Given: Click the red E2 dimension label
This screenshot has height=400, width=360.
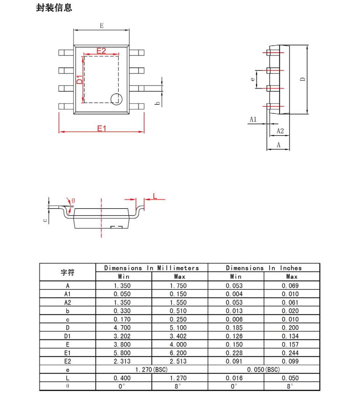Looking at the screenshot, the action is point(101,51).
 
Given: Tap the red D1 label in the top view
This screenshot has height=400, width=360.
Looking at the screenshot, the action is point(80,80).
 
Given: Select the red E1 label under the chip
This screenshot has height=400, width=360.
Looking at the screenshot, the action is point(102,128).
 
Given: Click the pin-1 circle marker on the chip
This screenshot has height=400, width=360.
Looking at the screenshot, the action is point(116,99).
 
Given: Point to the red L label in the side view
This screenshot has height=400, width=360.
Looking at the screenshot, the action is point(155,196).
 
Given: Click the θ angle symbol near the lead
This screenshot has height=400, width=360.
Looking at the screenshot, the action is point(73,201).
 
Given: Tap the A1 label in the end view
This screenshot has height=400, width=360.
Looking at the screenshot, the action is point(253,120).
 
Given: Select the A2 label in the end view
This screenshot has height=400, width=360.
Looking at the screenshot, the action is point(280,131).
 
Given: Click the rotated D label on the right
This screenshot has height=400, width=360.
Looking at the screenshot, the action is point(303,79).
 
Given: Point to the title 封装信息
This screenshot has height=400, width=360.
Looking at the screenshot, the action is point(54,8).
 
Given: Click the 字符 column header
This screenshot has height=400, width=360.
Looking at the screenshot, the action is point(68,272).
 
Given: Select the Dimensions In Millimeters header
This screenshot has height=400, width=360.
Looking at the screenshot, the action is point(151,268).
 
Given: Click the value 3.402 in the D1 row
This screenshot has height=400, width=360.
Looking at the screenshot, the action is point(178,336).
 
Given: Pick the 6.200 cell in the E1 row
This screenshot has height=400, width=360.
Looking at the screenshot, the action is point(178,353).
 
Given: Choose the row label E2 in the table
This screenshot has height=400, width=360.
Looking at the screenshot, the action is point(68,361).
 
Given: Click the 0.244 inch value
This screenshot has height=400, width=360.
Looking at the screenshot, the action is point(290,353).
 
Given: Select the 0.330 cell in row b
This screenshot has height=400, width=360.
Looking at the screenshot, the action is point(122,311).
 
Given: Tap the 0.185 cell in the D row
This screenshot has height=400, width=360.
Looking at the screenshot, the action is point(234,328).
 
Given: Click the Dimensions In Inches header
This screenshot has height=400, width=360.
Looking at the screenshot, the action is point(264,268).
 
